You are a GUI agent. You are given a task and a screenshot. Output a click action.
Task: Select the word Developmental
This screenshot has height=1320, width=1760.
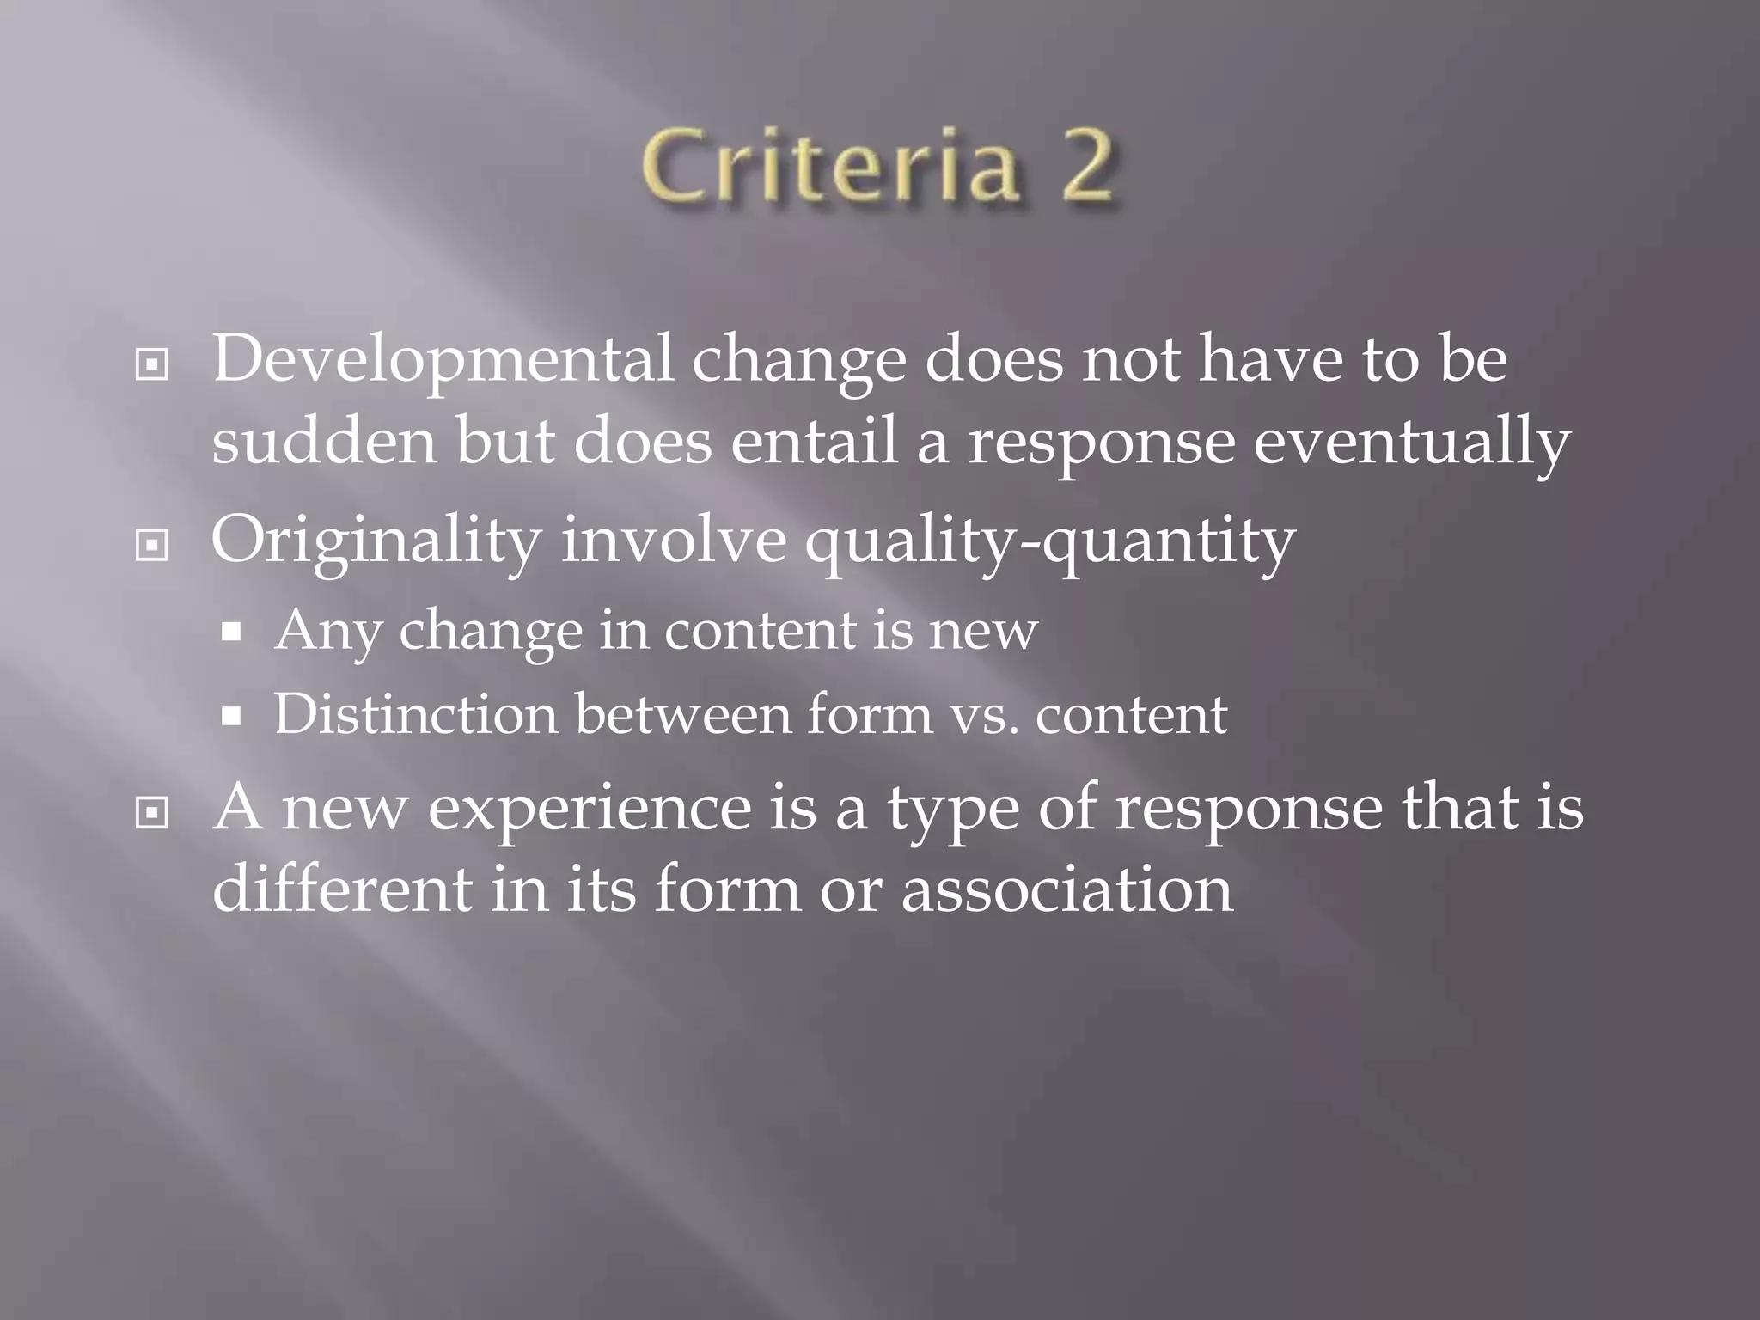443,359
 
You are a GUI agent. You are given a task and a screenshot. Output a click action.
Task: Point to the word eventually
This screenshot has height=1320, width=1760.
1412,443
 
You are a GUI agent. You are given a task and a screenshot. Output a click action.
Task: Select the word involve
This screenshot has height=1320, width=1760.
674,541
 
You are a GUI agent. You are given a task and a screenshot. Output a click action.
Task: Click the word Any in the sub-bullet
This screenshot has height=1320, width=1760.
327,632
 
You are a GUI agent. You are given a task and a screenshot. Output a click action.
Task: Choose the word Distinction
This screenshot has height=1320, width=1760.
416,714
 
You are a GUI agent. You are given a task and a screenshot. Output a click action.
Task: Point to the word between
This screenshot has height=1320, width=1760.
683,714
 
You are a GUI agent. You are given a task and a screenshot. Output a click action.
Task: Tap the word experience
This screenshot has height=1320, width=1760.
590,810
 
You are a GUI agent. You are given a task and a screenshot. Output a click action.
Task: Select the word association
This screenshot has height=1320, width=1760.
1066,889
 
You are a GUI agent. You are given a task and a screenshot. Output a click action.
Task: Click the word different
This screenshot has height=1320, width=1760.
342,889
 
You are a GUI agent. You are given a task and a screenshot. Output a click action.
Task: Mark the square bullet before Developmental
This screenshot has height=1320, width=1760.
152,365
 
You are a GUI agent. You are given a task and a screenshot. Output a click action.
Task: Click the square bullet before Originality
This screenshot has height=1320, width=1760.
152,545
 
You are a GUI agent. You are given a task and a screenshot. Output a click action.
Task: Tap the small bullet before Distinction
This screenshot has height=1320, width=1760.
230,716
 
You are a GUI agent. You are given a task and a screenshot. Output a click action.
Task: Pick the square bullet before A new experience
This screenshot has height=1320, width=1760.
152,812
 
